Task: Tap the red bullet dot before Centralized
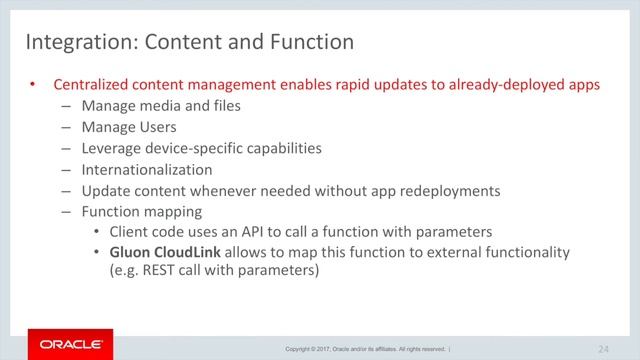point(32,85)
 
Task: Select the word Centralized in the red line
point(97,85)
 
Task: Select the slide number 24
point(603,348)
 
